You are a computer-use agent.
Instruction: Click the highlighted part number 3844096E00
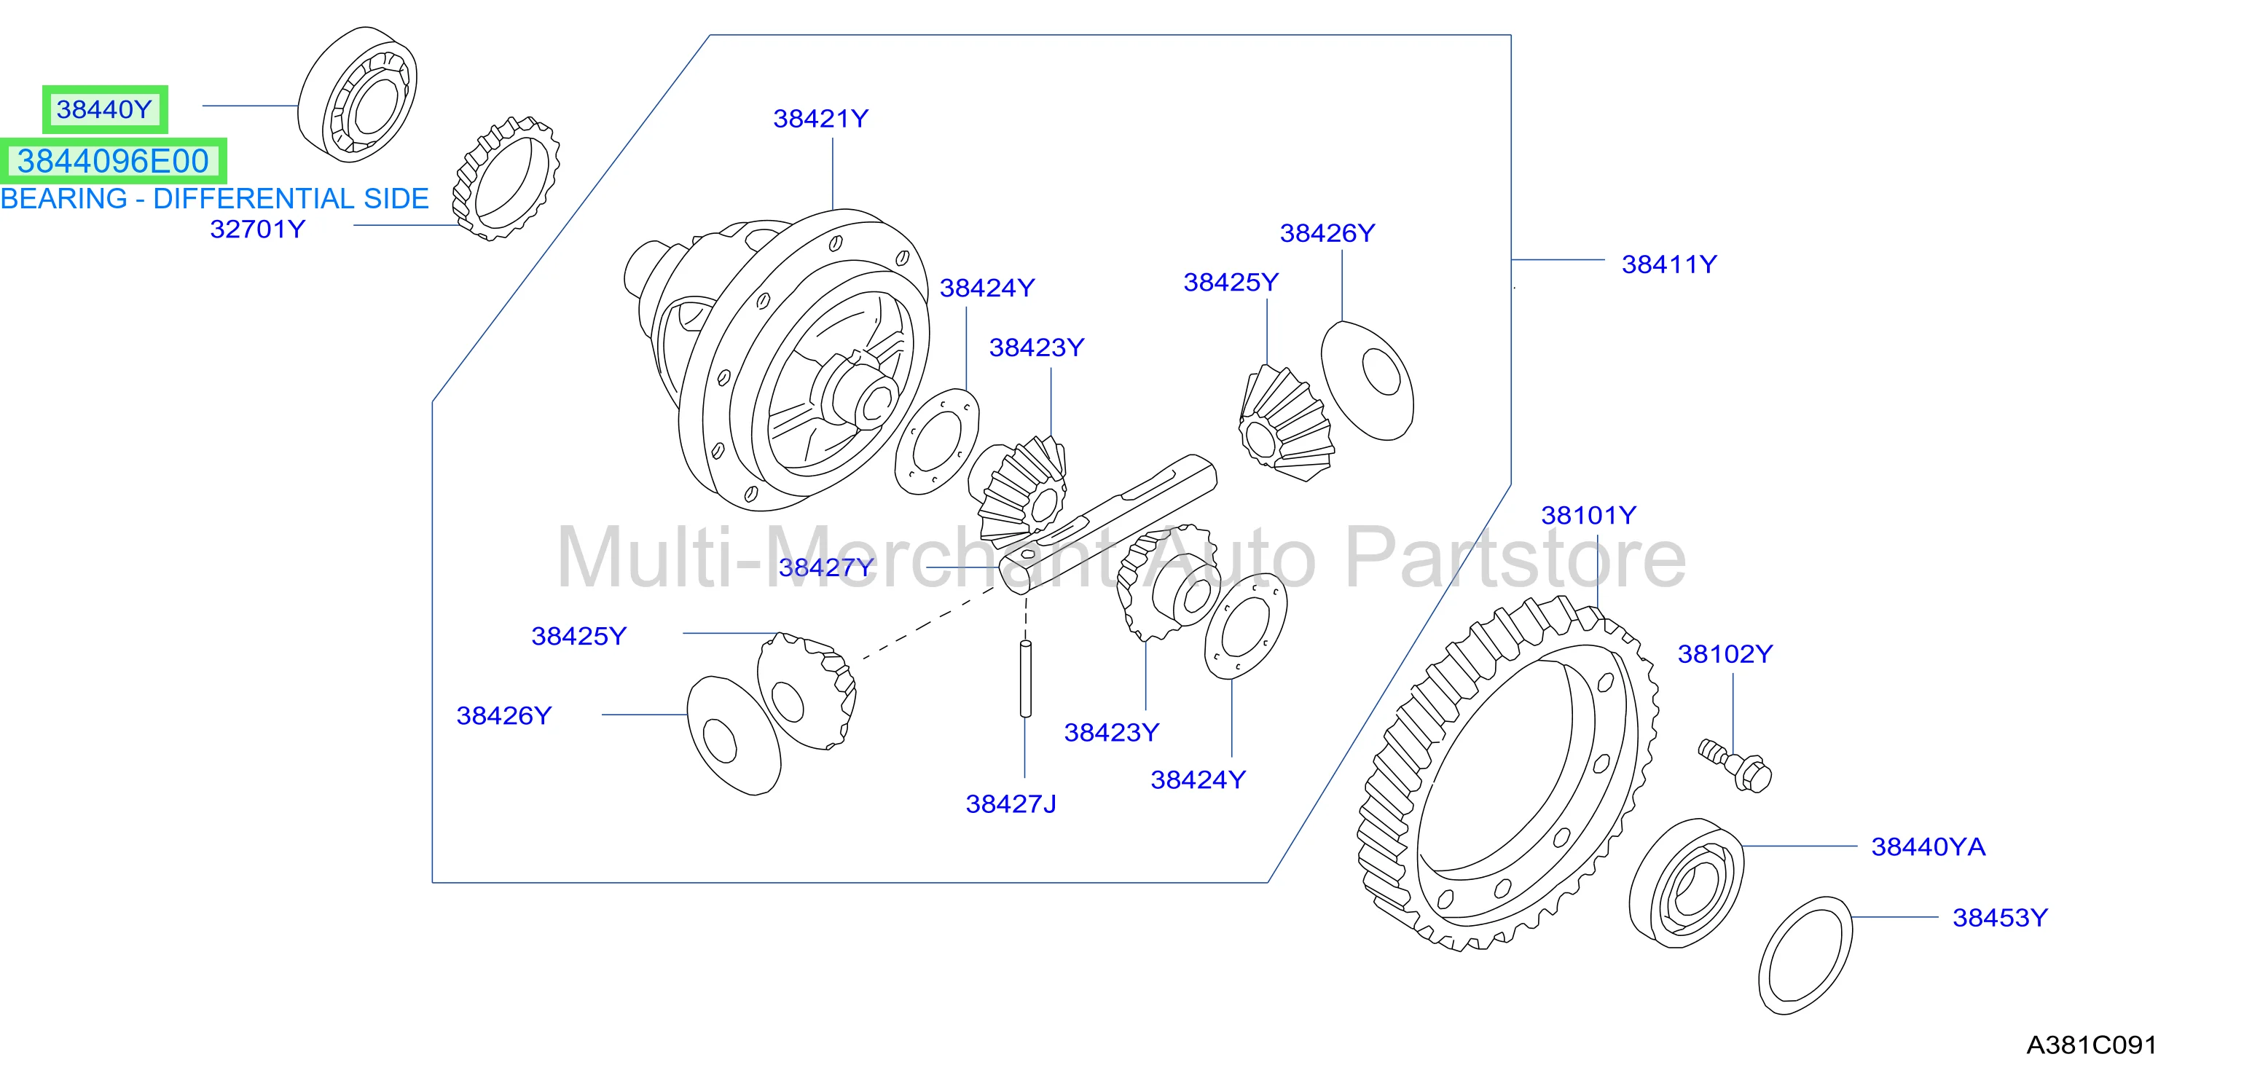[113, 161]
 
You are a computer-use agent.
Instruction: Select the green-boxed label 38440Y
[104, 110]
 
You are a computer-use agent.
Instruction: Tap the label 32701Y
[258, 229]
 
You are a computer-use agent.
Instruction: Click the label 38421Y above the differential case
[820, 119]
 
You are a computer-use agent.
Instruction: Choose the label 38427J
[1011, 804]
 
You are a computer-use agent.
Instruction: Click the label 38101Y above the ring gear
[1589, 515]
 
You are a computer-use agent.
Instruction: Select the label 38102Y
[1725, 654]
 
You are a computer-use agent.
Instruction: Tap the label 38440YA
[1928, 846]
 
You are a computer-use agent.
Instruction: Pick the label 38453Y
[2000, 917]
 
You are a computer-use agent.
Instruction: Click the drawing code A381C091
[2092, 1045]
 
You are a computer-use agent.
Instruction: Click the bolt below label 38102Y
[1735, 765]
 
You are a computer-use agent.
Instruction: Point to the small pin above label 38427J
[1025, 679]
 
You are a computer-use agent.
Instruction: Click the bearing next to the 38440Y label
[357, 94]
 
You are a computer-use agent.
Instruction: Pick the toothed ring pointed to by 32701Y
[505, 178]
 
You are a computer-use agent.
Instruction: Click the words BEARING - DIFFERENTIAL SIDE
[214, 199]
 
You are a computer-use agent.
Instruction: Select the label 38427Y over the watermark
[825, 567]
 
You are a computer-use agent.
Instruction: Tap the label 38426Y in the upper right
[1327, 233]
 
